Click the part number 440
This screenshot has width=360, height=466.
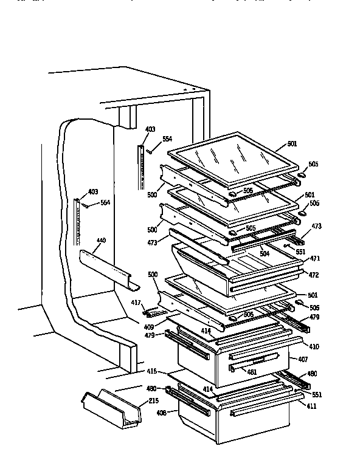tap(101, 241)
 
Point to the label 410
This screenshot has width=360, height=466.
tap(314, 346)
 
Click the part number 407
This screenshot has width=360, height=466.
tap(302, 360)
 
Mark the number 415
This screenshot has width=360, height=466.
tap(152, 371)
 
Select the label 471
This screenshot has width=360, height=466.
tap(315, 258)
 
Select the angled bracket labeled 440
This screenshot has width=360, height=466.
tap(109, 265)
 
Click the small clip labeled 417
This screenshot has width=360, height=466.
tap(154, 312)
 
